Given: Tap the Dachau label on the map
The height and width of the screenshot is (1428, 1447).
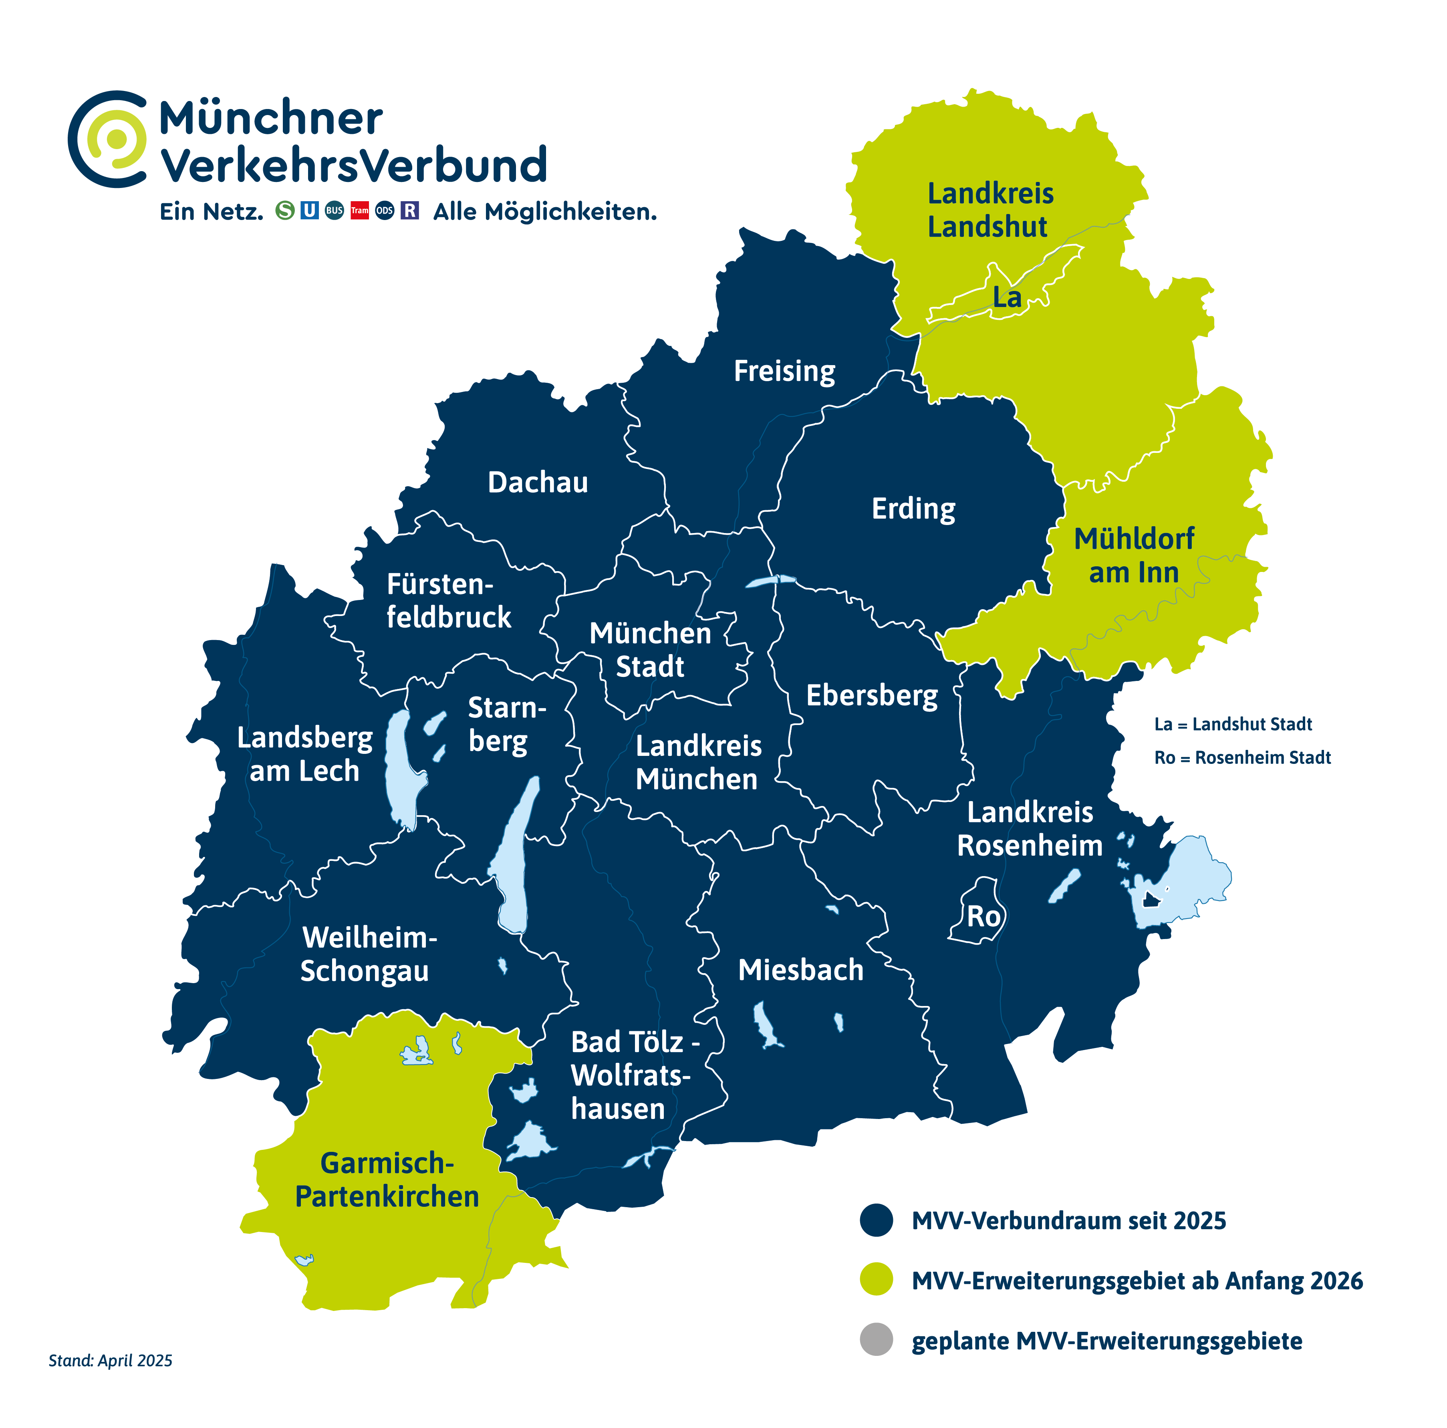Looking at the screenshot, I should pyautogui.click(x=538, y=483).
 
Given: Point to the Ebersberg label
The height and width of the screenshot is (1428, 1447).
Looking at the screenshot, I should pyautogui.click(x=872, y=695).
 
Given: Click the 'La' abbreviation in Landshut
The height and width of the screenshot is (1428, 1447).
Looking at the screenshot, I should pyautogui.click(x=1007, y=297).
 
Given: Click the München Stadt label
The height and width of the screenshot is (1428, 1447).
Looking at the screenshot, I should pyautogui.click(x=650, y=650).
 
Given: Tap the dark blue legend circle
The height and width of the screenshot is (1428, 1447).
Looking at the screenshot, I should pyautogui.click(x=876, y=1220).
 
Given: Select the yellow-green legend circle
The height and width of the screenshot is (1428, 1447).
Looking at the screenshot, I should pyautogui.click(x=876, y=1281).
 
